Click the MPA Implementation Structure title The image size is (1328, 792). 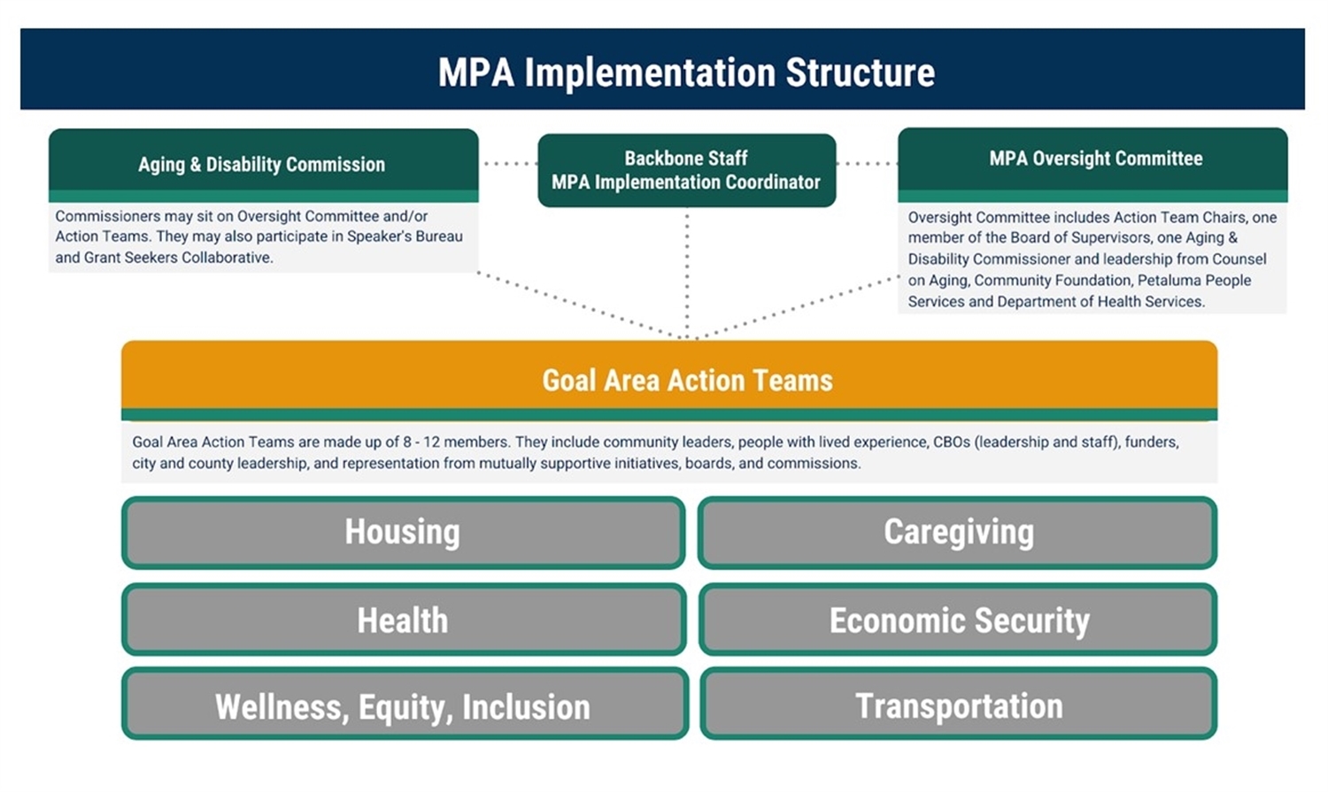pos(686,73)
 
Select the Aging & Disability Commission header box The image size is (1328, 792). pos(263,165)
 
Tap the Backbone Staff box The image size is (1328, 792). pos(686,170)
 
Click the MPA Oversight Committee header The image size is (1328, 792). pos(1094,159)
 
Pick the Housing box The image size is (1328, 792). pos(403,533)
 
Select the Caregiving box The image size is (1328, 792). pos(958,533)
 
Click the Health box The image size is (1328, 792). pos(403,619)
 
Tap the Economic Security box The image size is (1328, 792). pos(958,619)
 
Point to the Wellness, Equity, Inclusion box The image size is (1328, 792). pos(404,706)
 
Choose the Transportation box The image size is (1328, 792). pos(958,705)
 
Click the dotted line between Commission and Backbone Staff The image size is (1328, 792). pos(508,164)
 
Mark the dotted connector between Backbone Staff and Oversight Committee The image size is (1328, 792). pos(867,164)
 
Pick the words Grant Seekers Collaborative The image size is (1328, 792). pos(178,258)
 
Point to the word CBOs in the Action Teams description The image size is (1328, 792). pos(952,442)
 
